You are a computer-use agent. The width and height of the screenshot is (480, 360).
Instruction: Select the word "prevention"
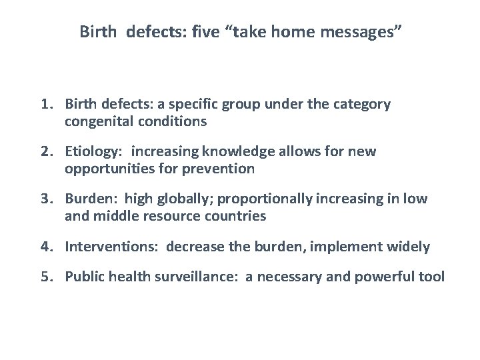click(221, 169)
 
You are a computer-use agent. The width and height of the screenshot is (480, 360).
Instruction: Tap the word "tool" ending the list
click(432, 277)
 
